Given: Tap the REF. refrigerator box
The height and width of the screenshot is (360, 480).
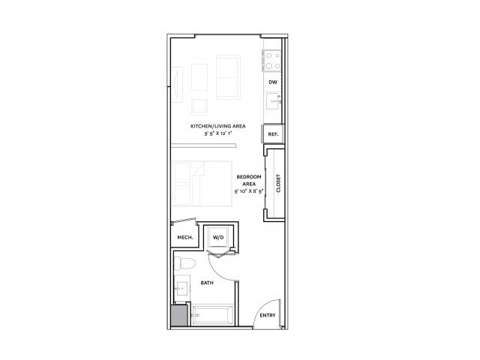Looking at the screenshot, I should click(272, 133).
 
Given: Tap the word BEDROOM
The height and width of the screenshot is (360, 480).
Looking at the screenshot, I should click(248, 177).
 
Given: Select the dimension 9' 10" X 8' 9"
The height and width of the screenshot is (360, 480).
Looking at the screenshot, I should click(248, 192).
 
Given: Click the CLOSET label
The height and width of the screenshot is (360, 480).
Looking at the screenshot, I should click(278, 184).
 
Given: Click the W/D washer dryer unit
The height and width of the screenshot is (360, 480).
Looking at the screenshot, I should click(218, 238).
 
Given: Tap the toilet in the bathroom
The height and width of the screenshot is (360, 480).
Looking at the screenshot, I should click(187, 262).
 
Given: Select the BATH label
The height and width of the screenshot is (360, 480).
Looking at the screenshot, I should click(208, 283).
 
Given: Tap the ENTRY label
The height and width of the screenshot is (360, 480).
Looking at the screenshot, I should click(267, 315).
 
